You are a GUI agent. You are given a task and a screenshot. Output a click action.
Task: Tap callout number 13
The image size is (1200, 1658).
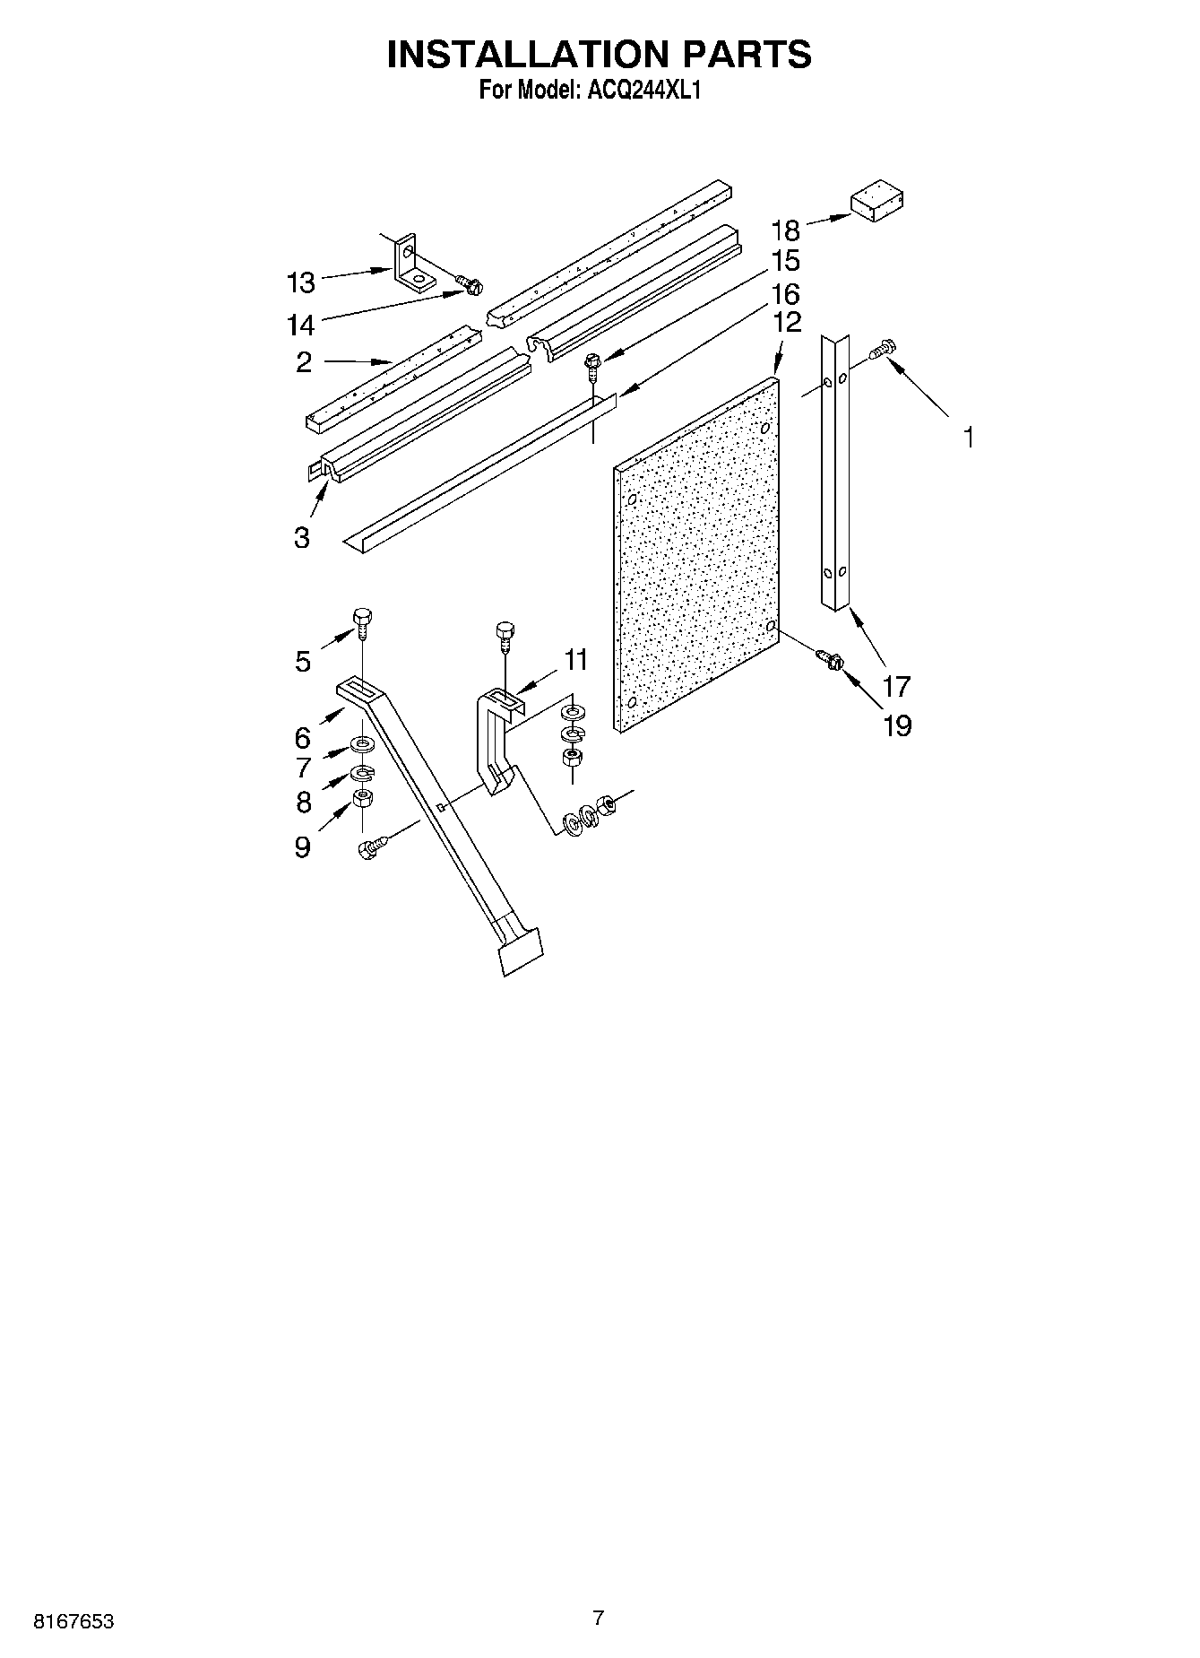[x=301, y=282]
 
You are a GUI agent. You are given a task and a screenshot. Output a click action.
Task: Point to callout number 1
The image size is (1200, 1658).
[x=967, y=438]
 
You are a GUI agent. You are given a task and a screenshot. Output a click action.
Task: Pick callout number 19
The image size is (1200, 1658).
[x=897, y=725]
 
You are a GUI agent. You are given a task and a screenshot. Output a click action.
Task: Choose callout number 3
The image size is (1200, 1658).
[x=301, y=537]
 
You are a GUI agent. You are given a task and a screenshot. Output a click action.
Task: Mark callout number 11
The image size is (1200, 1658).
[x=575, y=660]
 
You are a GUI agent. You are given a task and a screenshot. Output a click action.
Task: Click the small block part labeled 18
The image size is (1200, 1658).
[x=876, y=204]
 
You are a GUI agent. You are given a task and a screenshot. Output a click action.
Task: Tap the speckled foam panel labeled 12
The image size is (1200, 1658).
[x=696, y=556]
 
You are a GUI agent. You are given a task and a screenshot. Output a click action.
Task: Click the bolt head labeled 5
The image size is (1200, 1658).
[x=362, y=618]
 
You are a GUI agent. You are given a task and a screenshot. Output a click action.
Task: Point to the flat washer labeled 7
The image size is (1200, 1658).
[x=362, y=743]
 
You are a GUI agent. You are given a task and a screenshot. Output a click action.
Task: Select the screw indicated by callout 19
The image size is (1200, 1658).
[x=830, y=661]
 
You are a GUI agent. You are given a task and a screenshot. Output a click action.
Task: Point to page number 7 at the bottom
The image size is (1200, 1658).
[x=599, y=1619]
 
